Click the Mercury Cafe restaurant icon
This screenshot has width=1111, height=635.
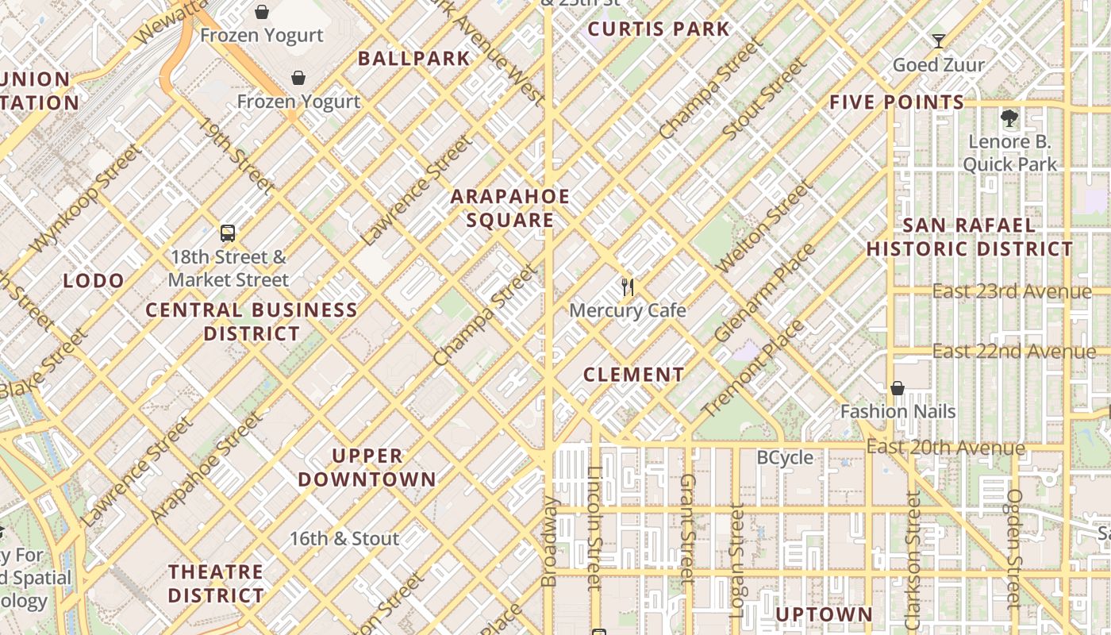click(628, 287)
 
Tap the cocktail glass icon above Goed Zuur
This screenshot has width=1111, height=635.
click(939, 41)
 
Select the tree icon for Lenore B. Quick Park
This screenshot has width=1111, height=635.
click(1009, 119)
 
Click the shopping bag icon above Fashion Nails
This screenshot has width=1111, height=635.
click(898, 388)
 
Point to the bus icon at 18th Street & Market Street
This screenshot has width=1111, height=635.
click(228, 233)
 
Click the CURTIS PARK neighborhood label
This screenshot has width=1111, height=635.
click(658, 29)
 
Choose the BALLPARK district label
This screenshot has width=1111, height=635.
click(413, 58)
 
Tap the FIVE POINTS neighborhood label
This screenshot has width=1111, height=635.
click(897, 102)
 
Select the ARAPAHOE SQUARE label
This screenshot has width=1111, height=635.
click(510, 208)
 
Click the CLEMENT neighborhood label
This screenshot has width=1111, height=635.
click(633, 375)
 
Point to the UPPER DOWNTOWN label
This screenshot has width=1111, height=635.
click(367, 468)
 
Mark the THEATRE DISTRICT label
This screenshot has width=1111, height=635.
click(216, 583)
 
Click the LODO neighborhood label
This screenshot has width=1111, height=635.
click(94, 280)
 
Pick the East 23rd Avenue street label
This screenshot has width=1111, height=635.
click(1011, 291)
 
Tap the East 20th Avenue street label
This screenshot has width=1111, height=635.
click(945, 448)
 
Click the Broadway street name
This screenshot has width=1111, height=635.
click(548, 541)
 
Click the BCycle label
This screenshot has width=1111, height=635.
click(785, 457)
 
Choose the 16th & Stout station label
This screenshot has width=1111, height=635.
click(344, 539)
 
